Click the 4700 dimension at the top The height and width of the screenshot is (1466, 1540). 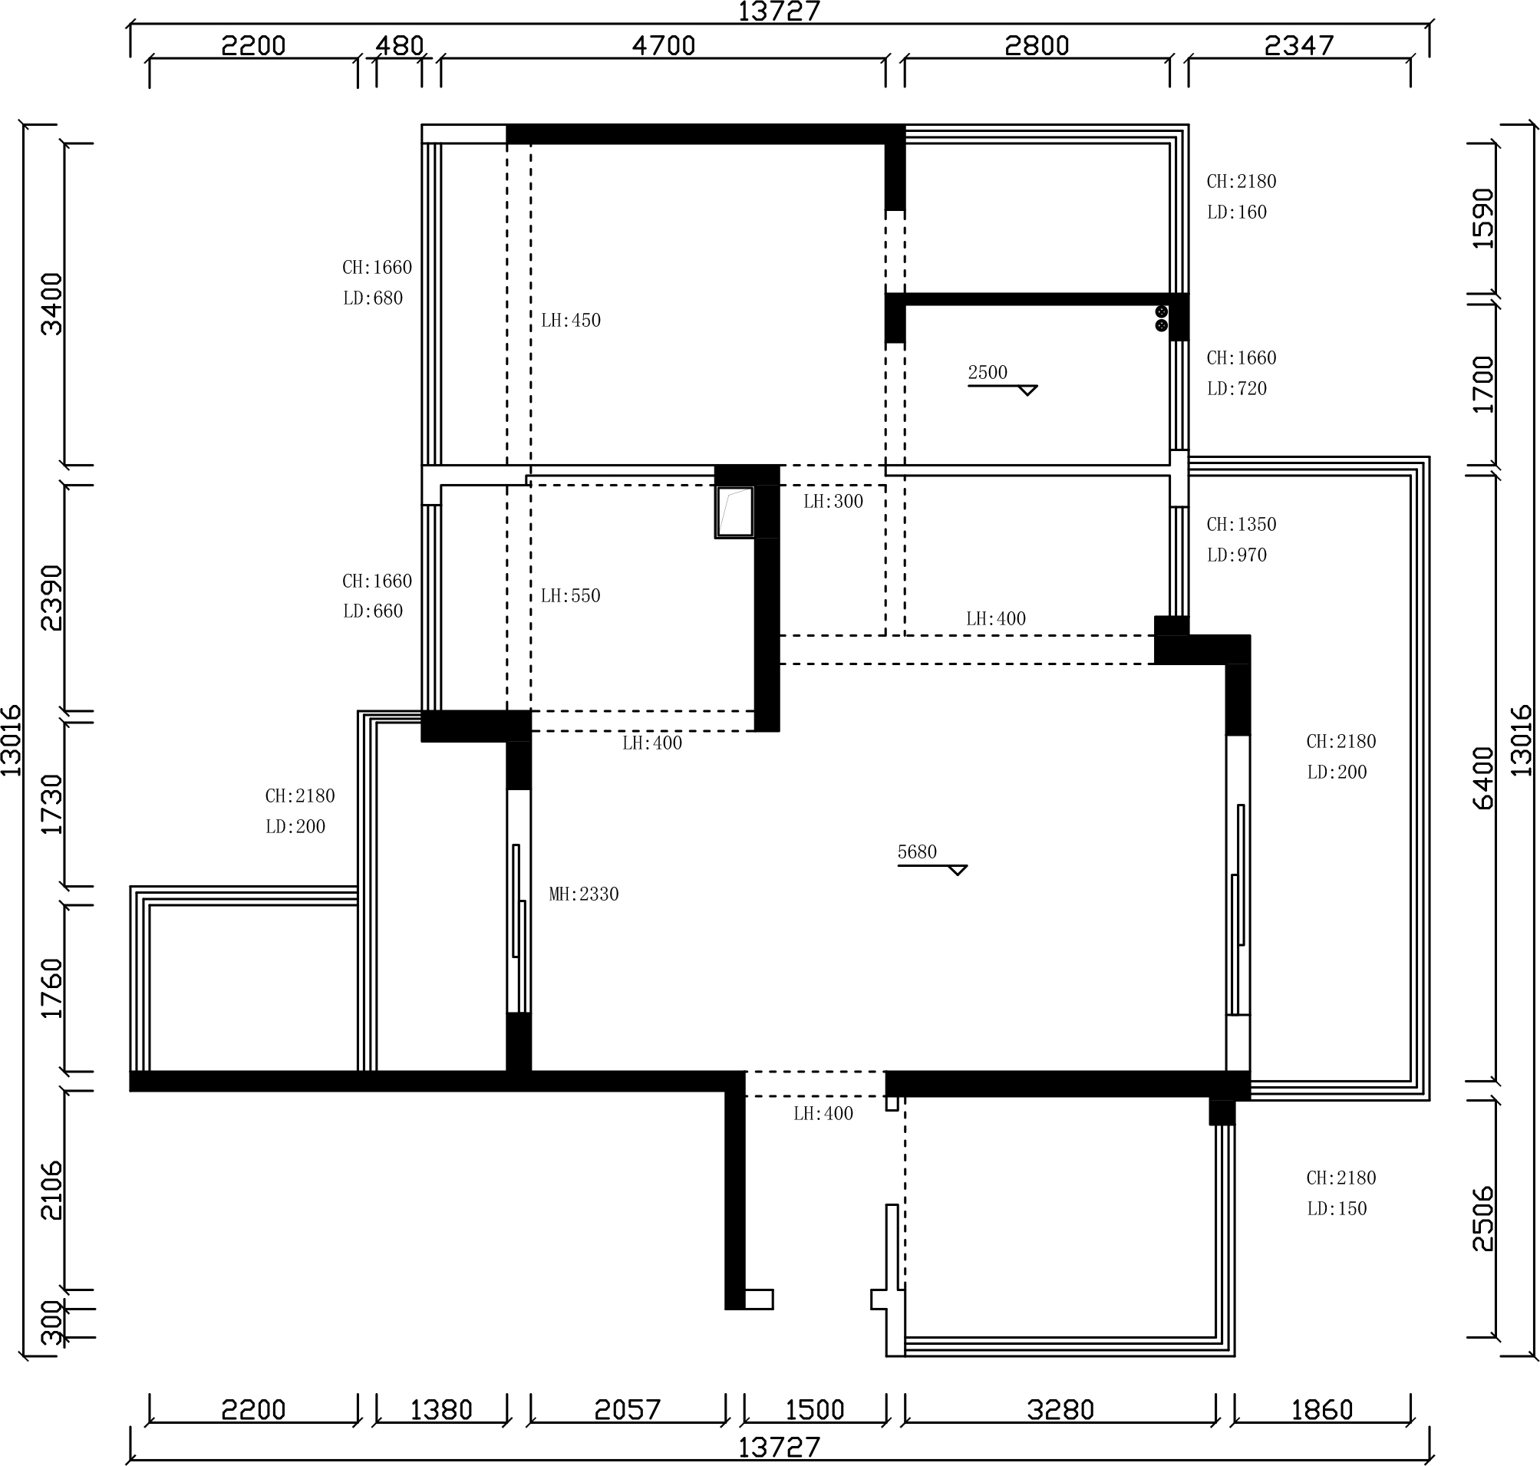tap(664, 45)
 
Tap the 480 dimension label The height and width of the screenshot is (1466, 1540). tap(400, 45)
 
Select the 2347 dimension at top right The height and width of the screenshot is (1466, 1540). tap(1299, 45)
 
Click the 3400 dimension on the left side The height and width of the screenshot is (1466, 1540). tap(51, 304)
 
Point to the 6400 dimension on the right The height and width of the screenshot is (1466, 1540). tap(1483, 779)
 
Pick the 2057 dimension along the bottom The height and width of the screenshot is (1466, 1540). tap(628, 1410)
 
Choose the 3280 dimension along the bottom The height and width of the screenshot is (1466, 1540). tap(1060, 1410)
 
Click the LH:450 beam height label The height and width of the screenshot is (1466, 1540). tap(571, 321)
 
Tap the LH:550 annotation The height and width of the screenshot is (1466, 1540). tap(571, 596)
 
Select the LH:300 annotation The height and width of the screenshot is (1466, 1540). tap(833, 502)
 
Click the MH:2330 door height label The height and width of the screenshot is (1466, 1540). tap(584, 894)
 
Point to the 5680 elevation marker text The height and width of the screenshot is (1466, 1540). tap(917, 852)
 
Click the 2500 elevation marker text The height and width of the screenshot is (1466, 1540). tap(988, 373)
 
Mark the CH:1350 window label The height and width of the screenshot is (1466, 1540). tap(1242, 525)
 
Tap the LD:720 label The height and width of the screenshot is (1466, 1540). tap(1237, 388)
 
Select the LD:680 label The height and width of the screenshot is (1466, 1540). tap(373, 298)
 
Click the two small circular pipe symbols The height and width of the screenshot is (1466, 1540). tap(1162, 318)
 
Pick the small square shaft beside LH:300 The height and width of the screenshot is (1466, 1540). tap(735, 512)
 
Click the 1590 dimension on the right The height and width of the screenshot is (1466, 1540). tap(1483, 219)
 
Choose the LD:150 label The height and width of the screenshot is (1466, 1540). tap(1337, 1209)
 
